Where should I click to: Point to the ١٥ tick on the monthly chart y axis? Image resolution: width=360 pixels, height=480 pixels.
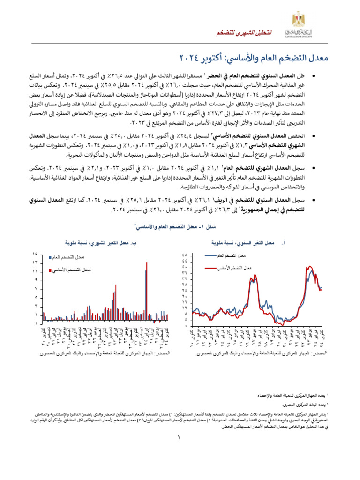click(35, 254)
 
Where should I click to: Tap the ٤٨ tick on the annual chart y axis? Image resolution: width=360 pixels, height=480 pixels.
click(185, 255)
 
